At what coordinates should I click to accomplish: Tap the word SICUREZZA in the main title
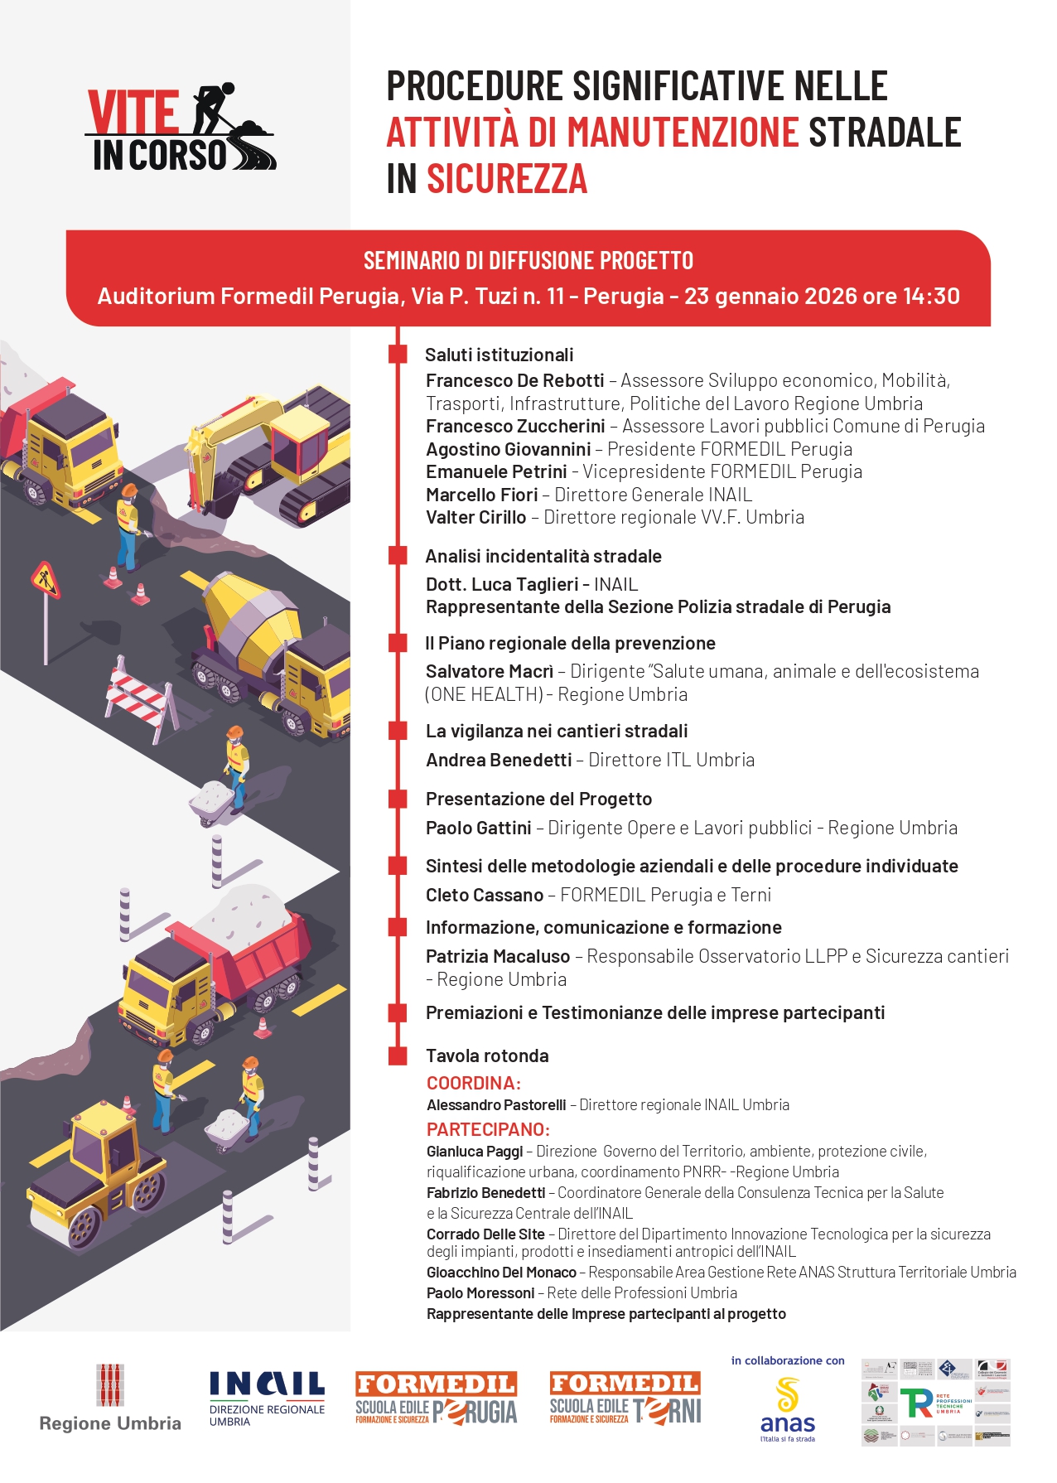506,180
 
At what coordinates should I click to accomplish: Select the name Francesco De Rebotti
514,381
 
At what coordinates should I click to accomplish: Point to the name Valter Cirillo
475,518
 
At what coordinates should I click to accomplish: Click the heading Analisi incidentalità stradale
543,557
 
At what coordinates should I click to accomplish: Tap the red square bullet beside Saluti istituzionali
398,355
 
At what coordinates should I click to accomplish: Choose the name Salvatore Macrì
489,672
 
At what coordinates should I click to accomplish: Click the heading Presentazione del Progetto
538,799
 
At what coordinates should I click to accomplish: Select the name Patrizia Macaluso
497,957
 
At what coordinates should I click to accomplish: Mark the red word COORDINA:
473,1084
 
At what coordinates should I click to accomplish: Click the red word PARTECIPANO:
488,1130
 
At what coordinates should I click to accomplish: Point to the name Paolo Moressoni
480,1293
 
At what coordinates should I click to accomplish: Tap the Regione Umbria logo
110,1399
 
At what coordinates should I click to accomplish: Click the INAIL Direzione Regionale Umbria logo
267,1399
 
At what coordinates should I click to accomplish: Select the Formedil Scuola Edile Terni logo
625,1399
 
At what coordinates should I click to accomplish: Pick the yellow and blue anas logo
788,1409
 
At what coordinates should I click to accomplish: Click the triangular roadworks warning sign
46,580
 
